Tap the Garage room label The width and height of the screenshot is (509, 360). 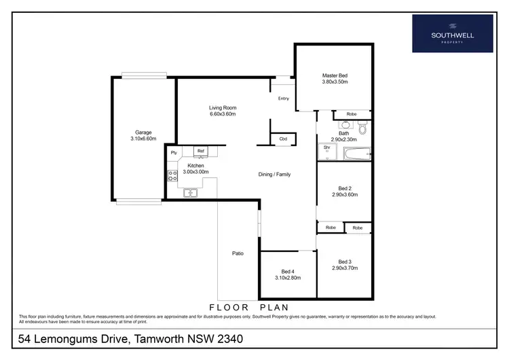point(143,132)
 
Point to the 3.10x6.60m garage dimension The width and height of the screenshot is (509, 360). point(143,139)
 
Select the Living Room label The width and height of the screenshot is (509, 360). point(222,107)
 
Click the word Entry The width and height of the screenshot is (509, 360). point(284,98)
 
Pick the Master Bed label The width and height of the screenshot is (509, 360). point(335,75)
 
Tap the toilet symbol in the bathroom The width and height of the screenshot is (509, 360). point(363,127)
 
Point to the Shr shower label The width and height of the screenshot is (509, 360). point(326,147)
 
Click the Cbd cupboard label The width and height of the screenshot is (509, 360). point(283,139)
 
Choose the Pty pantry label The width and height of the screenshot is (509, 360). point(174,152)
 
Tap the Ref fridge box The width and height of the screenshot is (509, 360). point(200,151)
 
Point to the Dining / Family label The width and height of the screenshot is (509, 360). point(274,175)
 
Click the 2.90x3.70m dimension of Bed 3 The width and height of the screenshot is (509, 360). point(345,268)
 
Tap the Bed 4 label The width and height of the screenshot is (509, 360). point(288,271)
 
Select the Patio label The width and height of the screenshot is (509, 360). point(238,253)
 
